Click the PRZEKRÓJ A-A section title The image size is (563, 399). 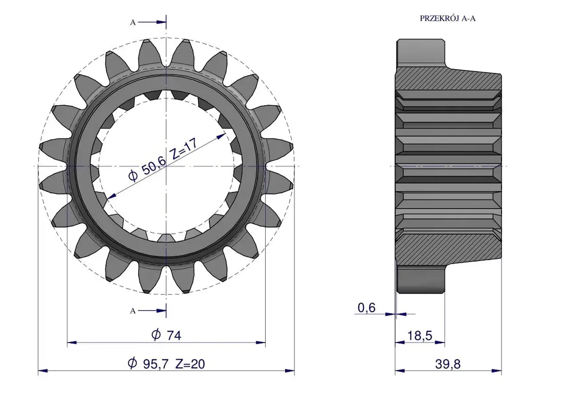click(447, 18)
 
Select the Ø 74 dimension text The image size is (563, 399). click(166, 335)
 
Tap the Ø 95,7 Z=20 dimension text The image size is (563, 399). click(166, 364)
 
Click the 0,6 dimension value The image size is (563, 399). click(366, 308)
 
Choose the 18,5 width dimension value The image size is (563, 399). click(419, 336)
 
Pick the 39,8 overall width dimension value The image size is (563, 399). click(448, 364)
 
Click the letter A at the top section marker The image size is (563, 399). click(133, 23)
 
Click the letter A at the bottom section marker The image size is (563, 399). click(133, 311)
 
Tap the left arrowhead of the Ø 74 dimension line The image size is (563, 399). click(72, 343)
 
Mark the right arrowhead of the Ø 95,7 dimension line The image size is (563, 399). click(290, 371)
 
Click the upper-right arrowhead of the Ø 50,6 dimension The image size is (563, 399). click(222, 135)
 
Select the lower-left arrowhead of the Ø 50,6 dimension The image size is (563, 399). click(111, 196)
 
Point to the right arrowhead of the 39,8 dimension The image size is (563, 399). click(497, 371)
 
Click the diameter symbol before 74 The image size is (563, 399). click(156, 335)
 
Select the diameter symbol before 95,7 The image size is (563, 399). click(133, 364)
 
